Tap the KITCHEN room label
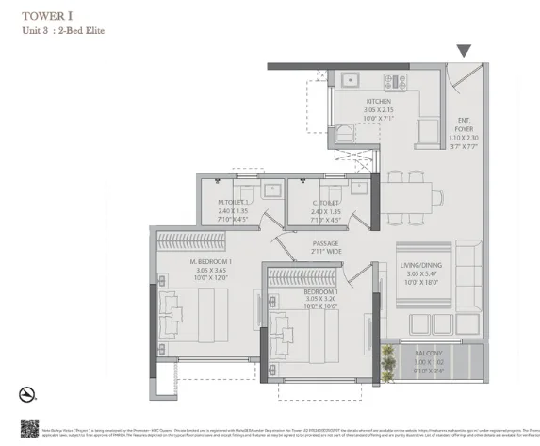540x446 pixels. point(378,102)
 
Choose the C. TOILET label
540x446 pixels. point(326,202)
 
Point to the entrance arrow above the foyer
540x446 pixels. point(463,51)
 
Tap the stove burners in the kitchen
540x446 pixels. point(397,81)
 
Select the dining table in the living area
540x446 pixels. point(416,197)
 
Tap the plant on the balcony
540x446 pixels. point(387,358)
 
